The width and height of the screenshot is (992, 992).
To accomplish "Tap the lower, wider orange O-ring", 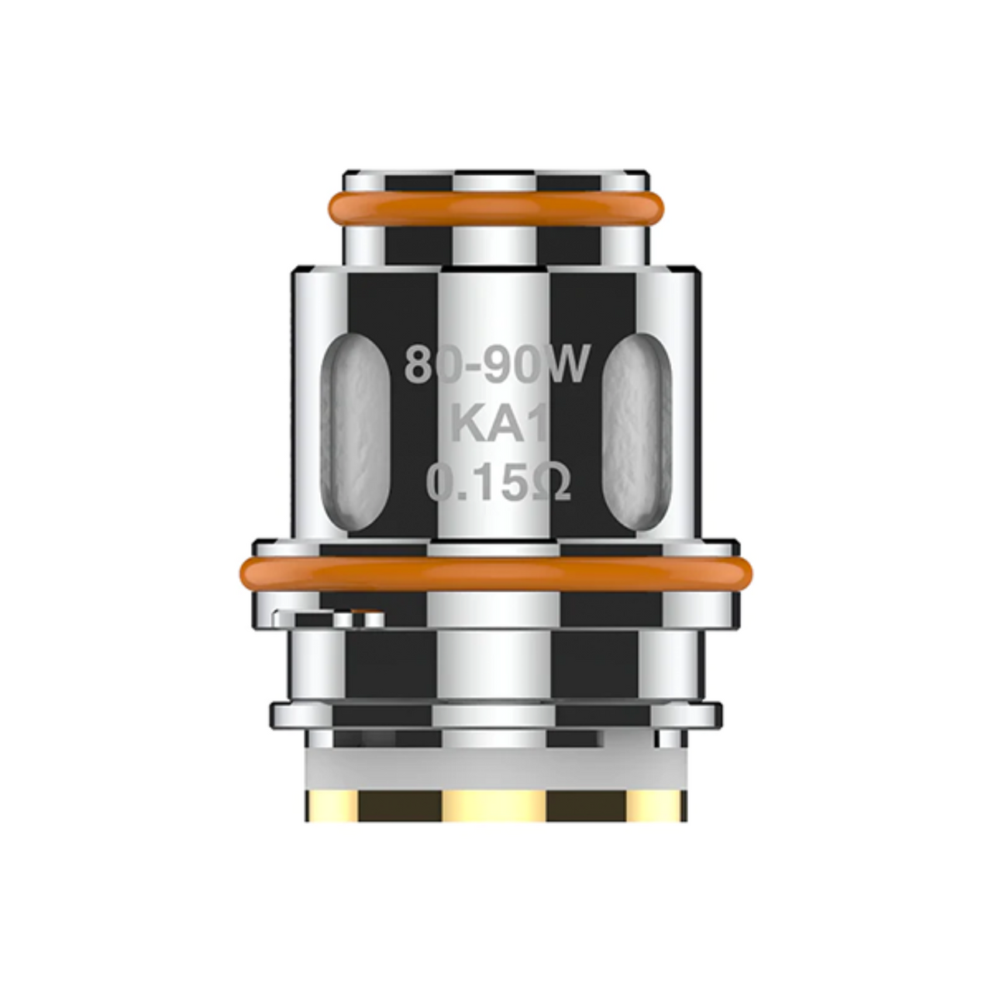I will point(496,572).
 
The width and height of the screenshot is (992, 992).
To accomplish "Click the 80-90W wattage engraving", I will point(496,366).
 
